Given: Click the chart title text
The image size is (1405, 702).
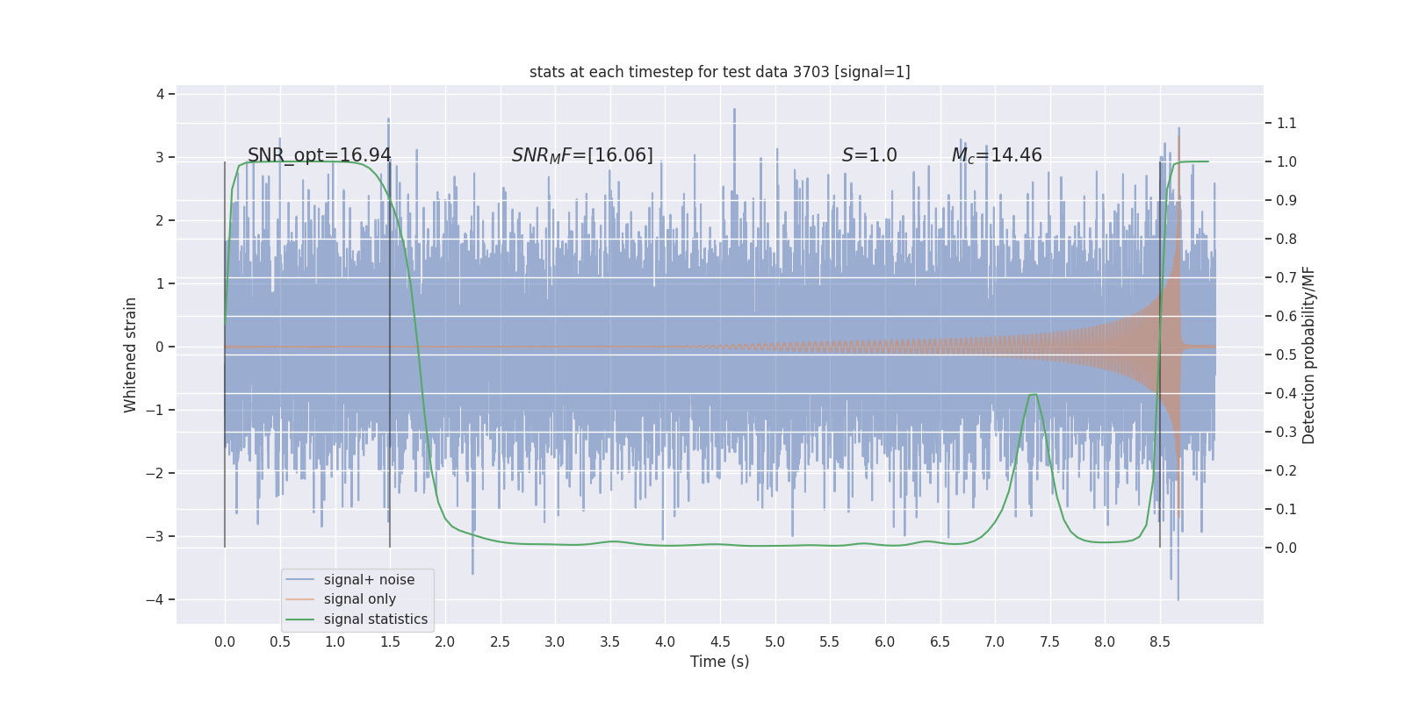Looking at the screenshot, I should click(719, 72).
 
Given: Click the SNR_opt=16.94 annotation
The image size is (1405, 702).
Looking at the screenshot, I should click(319, 155).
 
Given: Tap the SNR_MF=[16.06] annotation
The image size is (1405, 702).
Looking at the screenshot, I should click(582, 155).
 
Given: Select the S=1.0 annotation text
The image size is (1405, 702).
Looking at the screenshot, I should click(868, 155).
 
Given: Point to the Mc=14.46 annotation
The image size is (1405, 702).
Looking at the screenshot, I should click(997, 155).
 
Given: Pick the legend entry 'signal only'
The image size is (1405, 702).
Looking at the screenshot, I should click(359, 599).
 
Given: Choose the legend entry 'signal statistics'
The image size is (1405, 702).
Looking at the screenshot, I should click(375, 620).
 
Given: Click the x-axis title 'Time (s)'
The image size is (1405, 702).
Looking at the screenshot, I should click(719, 662).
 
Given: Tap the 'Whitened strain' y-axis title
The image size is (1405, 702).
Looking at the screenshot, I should click(130, 355).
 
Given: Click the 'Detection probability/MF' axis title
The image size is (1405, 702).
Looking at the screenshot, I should click(1308, 355).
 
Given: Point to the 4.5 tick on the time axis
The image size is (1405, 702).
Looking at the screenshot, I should click(720, 641).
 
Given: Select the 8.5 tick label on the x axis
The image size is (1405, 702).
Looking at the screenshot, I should click(1159, 641).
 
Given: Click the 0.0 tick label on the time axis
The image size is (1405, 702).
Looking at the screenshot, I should click(225, 641).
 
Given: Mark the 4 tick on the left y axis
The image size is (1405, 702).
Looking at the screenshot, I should click(160, 94).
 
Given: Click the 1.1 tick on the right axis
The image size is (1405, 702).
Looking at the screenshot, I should click(1286, 123).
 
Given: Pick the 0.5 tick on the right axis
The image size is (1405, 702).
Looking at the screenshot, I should click(1286, 355).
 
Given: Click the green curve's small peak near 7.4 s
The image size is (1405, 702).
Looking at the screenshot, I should click(1034, 394).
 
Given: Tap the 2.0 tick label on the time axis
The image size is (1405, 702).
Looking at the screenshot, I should click(445, 641).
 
